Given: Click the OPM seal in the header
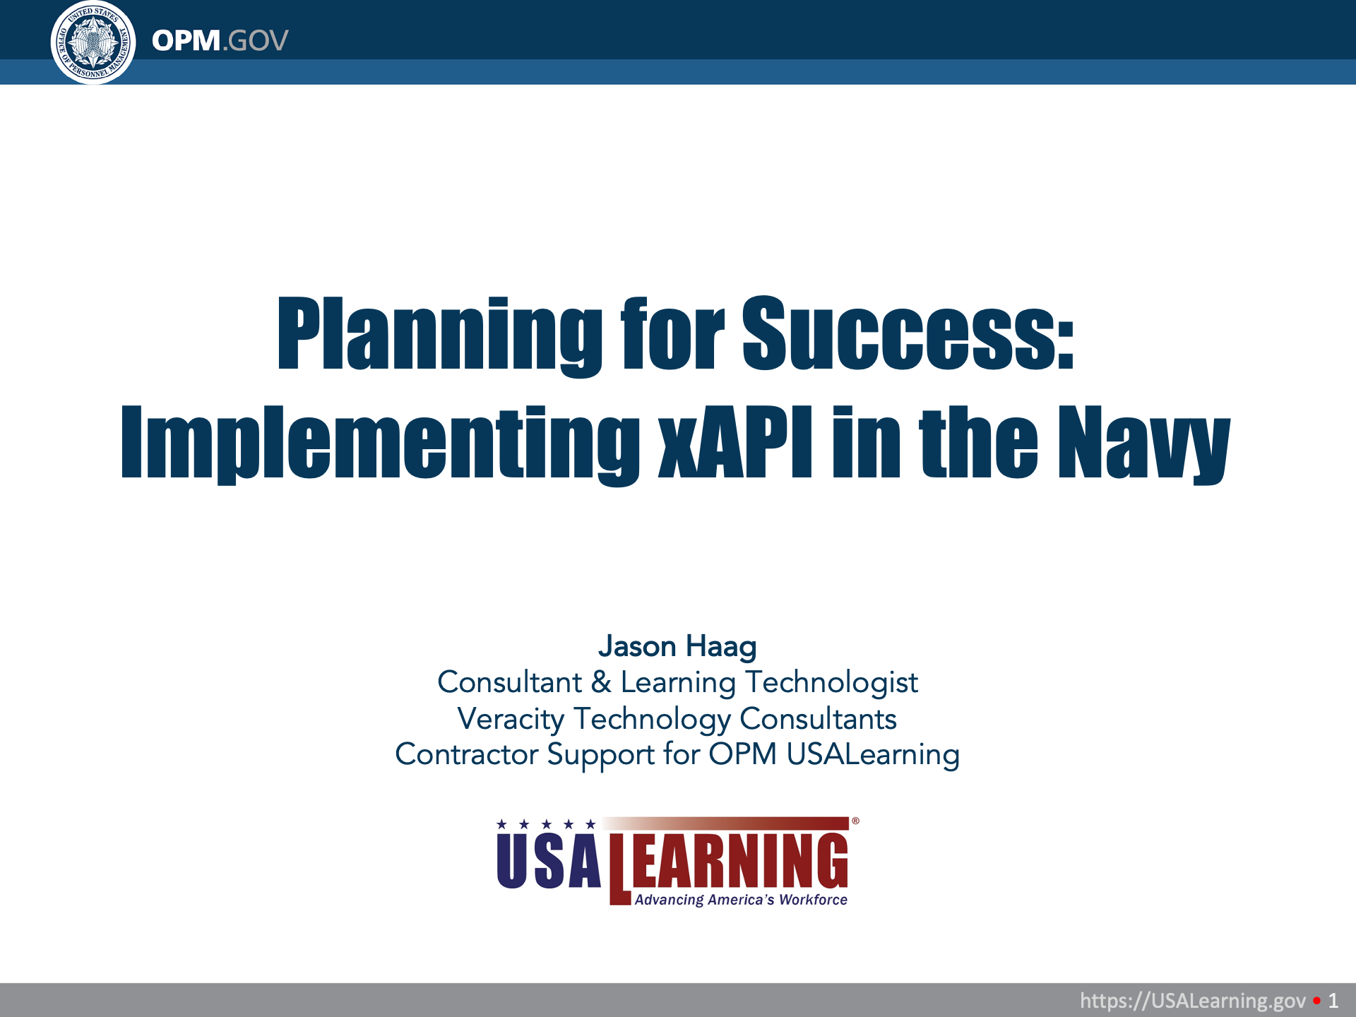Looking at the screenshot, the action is click(93, 42).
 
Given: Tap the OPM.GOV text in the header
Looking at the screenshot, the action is click(220, 41).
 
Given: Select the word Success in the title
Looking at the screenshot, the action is click(908, 333).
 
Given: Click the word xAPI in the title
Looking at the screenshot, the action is click(735, 442).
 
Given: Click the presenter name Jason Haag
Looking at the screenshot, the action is click(677, 646).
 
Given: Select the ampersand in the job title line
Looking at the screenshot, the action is click(601, 682).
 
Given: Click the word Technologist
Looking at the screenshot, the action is click(832, 683).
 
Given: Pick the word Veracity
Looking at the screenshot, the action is click(511, 720).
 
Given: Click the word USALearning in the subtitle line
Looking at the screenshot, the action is click(873, 755).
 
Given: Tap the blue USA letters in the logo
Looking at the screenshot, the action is click(549, 860).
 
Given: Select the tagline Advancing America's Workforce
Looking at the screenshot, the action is click(741, 900).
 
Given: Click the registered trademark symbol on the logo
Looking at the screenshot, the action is click(855, 821).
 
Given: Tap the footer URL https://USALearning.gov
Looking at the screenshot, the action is click(1193, 1000).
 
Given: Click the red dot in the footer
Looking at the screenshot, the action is click(1316, 1001).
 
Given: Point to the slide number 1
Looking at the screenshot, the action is click(1333, 1001).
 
